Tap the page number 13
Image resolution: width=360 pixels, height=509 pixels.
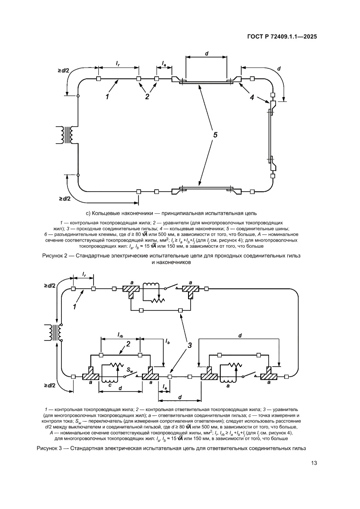point(313,463)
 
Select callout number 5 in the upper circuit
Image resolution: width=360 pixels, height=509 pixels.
point(215,135)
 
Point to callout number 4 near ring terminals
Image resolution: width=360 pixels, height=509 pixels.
point(252,97)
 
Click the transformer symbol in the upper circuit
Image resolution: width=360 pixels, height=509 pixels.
point(67,135)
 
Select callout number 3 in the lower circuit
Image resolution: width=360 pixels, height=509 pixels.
point(189,345)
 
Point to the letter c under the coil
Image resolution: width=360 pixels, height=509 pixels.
point(110,385)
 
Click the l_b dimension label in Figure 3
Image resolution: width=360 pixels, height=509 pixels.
point(167,341)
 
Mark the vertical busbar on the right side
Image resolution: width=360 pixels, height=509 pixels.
point(269,135)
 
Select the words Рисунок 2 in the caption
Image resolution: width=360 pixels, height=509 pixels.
point(54,256)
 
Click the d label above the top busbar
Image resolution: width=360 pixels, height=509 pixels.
point(206,54)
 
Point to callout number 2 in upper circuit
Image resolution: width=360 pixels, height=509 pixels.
point(147,97)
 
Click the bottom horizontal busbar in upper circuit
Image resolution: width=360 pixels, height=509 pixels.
point(206,188)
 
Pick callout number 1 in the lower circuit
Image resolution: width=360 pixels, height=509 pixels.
point(74,306)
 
